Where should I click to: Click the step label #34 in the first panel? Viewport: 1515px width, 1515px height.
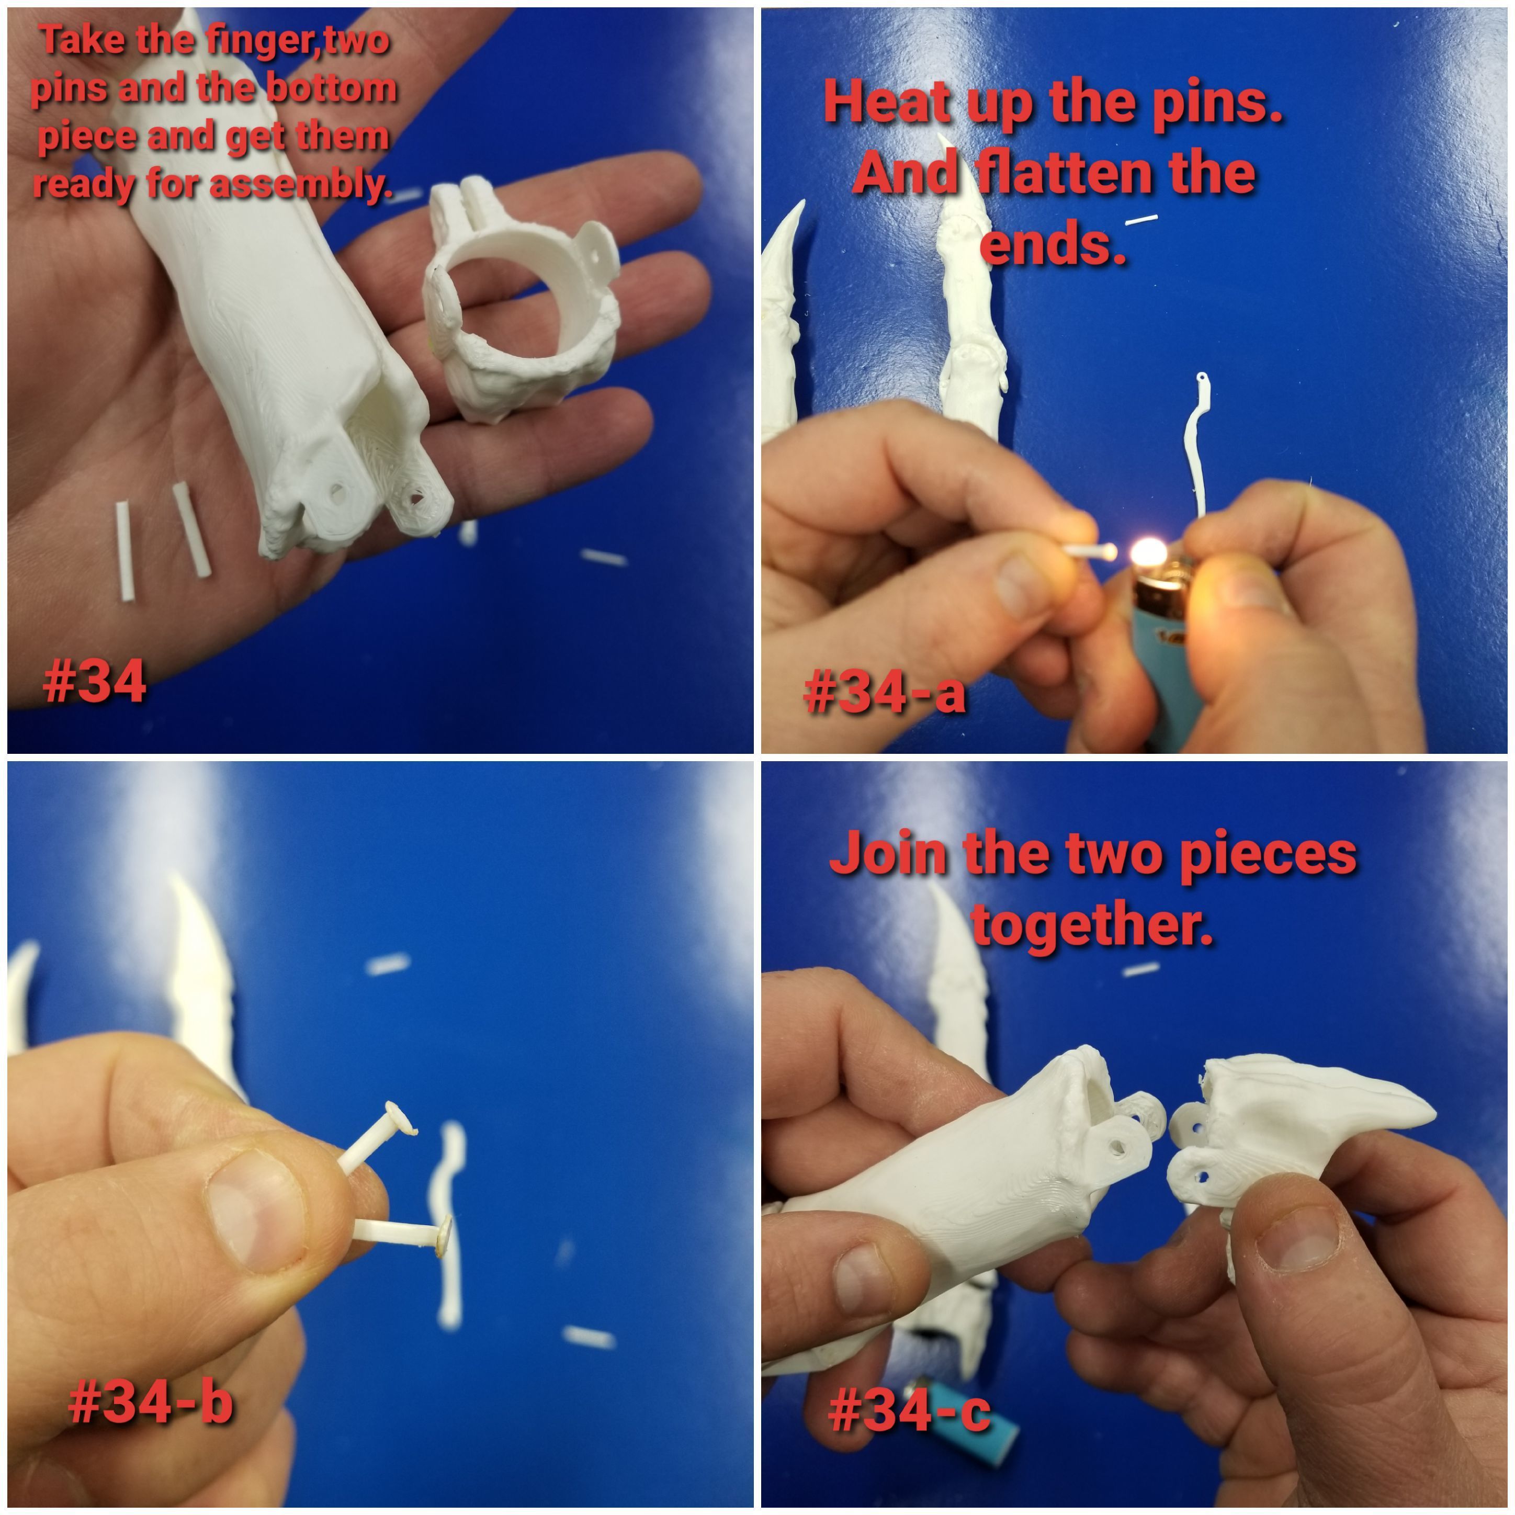pyautogui.click(x=95, y=680)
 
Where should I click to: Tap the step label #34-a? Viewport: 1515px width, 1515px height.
pyautogui.click(x=885, y=692)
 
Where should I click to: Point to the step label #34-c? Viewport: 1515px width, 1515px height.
pyautogui.click(x=910, y=1409)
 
